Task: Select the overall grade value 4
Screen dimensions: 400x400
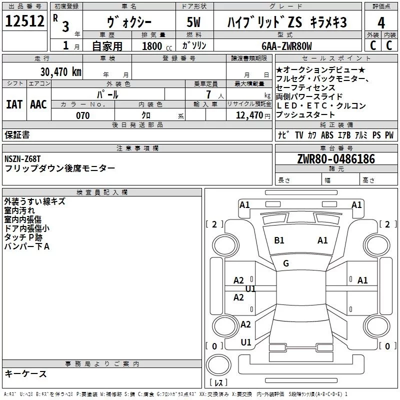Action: [x=381, y=23]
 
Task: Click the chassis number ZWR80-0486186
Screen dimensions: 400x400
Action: [x=336, y=159]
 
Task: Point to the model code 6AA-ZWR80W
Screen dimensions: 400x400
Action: [x=286, y=46]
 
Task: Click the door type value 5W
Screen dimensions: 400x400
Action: [x=194, y=23]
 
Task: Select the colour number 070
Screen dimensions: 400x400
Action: [x=82, y=115]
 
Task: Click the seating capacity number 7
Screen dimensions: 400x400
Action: [x=207, y=94]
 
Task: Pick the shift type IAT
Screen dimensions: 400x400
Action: [x=13, y=104]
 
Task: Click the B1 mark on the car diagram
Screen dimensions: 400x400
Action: [x=279, y=240]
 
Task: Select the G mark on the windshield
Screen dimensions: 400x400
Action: [x=286, y=263]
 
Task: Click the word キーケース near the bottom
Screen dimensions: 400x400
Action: [x=25, y=373]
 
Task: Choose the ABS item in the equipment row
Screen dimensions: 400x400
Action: [x=327, y=135]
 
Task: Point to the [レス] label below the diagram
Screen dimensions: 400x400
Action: [x=218, y=383]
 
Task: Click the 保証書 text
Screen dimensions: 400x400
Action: [x=17, y=135]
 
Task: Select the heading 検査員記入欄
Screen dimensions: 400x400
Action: [x=102, y=192]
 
